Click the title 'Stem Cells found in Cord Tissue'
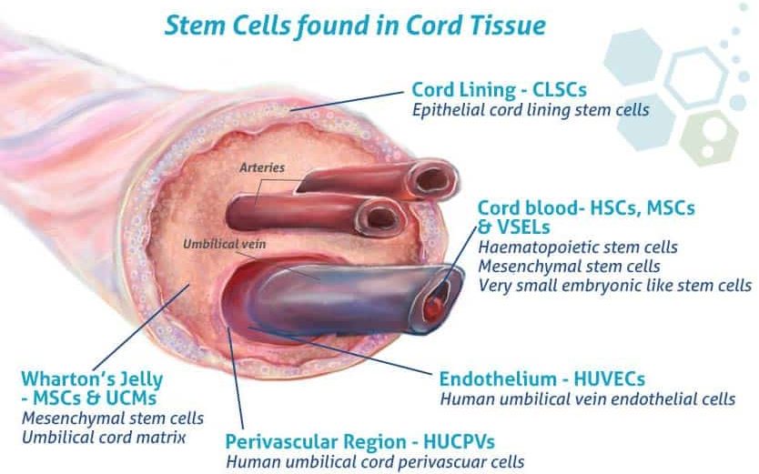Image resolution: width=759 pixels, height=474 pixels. tap(355, 25)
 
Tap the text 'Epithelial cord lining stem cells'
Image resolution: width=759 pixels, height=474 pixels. tap(530, 110)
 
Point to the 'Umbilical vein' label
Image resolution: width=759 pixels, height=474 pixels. tap(218, 245)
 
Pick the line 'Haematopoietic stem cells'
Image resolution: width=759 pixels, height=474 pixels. tap(577, 247)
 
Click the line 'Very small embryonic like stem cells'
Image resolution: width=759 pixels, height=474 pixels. tap(614, 286)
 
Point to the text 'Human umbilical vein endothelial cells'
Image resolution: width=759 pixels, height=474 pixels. tap(587, 398)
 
